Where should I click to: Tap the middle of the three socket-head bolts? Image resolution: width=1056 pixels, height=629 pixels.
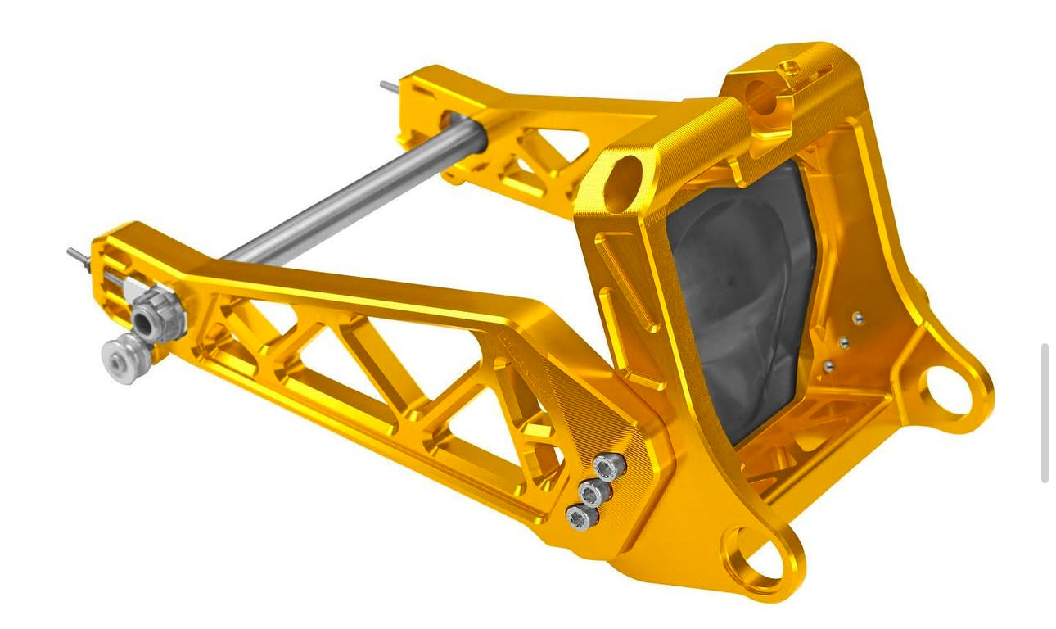pos(593,493)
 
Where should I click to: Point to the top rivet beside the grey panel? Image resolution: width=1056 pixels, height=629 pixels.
pos(857,319)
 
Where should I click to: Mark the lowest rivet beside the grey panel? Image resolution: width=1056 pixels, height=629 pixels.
pos(828,365)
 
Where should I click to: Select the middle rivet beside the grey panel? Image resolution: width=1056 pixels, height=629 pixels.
pos(843,342)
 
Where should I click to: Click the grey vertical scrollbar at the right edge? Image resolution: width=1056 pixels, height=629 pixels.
pos(1045,413)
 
